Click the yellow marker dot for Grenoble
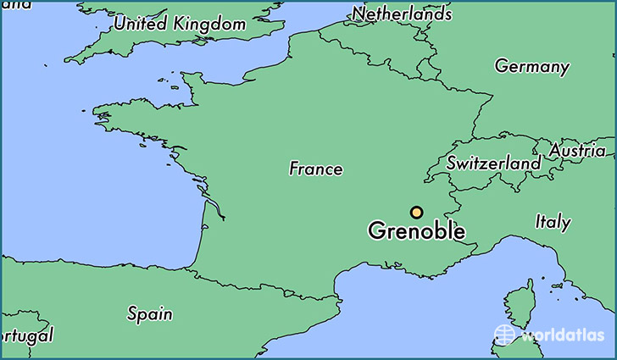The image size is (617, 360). [416, 213]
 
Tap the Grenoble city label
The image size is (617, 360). [416, 230]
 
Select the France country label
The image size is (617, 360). [316, 169]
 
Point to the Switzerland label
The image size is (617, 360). [494, 163]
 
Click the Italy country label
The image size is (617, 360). [553, 222]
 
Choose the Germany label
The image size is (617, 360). [532, 66]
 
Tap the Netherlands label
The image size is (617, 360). [402, 14]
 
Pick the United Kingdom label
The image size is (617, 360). [180, 24]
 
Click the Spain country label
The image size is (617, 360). [150, 313]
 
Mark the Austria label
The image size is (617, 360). [578, 151]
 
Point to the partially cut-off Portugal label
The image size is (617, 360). [26, 335]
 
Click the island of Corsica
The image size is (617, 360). [519, 305]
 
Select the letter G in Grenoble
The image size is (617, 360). [376, 230]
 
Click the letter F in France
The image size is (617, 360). [294, 169]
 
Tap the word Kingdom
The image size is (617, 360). [209, 24]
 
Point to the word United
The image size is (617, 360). [140, 24]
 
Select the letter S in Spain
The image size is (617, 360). [132, 313]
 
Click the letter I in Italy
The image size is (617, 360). [538, 222]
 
